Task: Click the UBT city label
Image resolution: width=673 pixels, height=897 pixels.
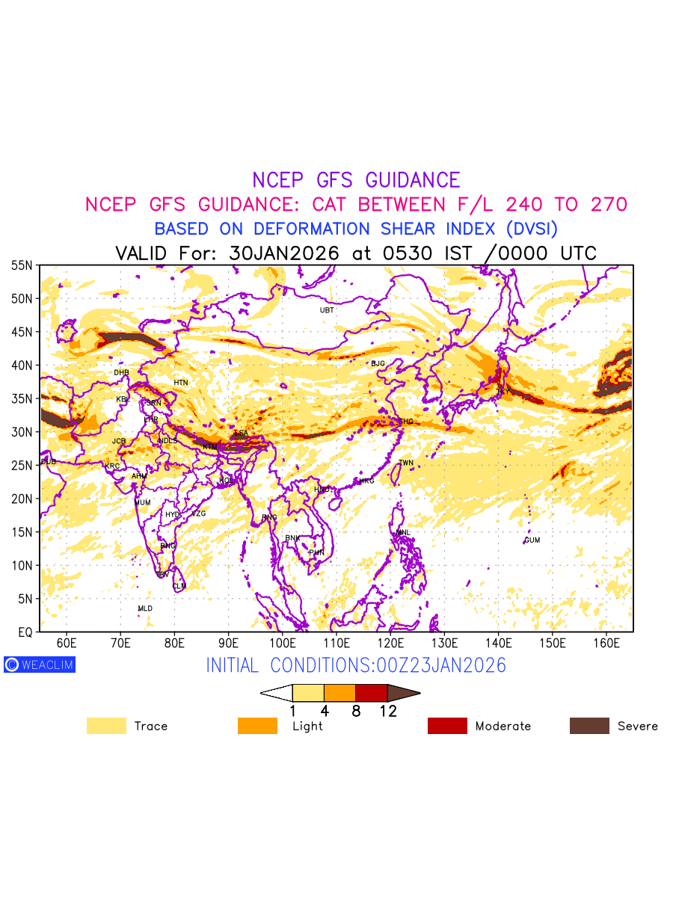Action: pos(327,310)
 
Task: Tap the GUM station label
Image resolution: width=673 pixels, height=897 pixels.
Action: pos(532,540)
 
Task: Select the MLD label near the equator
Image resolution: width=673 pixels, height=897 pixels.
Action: pos(145,608)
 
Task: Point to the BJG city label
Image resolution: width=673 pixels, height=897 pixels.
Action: pos(378,363)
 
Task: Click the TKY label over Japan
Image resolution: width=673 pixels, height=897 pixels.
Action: pos(503,391)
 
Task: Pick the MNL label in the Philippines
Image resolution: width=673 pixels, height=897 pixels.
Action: pos(404,532)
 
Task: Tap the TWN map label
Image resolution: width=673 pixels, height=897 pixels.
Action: pos(406,463)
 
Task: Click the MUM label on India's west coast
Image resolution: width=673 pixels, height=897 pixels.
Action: pos(142,502)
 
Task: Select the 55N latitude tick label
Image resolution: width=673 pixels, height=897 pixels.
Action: pos(22,265)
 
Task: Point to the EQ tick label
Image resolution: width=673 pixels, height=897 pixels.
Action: pos(25,632)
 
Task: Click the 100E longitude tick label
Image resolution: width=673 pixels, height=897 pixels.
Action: pos(283,643)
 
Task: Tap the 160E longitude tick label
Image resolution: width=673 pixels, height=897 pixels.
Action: pos(606,643)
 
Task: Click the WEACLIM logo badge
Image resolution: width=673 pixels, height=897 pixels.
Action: pos(39,665)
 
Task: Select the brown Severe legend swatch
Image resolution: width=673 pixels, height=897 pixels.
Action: pos(589,726)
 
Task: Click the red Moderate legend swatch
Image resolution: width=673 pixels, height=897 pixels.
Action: pos(447,726)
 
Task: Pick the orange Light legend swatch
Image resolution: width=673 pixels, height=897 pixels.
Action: pos(257,726)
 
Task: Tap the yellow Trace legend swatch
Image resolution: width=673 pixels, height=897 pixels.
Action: pos(106,726)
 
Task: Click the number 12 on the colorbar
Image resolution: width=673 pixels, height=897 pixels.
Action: pos(388,711)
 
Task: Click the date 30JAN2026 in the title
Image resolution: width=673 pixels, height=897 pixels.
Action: pos(285,253)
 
